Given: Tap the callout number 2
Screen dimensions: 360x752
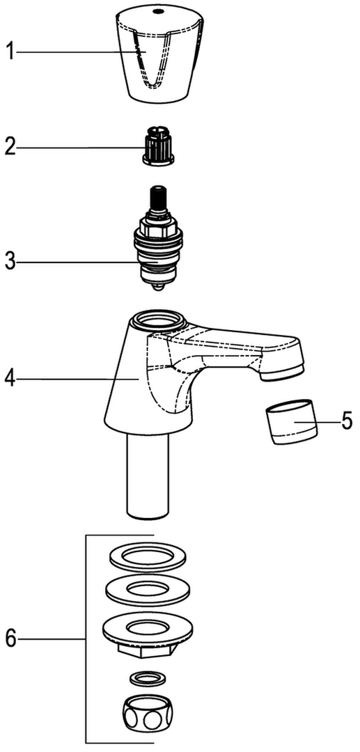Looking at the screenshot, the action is [x=10, y=147].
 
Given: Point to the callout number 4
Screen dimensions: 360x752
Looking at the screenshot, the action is [x=10, y=379].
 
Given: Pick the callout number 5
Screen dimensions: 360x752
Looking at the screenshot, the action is [x=346, y=421].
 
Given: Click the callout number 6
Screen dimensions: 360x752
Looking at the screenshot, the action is [x=10, y=639].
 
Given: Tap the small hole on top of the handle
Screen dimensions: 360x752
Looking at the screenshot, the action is [x=157, y=10].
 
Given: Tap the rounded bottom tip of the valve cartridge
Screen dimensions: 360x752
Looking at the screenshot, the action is [x=158, y=288].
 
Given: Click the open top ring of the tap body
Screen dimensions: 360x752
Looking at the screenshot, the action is [x=157, y=319].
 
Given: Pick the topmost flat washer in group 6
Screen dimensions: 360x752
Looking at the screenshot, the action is [x=148, y=557].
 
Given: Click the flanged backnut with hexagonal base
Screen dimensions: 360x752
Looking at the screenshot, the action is [x=147, y=635].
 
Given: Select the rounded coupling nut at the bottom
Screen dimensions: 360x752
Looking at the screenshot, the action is [x=146, y=714].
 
